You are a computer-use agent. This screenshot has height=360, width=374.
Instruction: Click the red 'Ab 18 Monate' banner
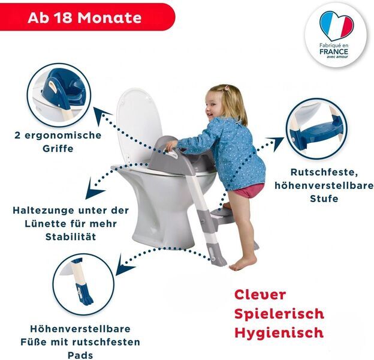click(x=84, y=17)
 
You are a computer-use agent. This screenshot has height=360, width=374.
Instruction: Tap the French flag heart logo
click(x=336, y=25)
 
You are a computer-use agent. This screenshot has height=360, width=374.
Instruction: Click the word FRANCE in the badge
click(x=334, y=52)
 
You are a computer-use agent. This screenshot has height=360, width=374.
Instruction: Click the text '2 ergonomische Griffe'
click(x=58, y=142)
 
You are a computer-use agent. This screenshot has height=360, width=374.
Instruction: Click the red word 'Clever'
click(x=260, y=295)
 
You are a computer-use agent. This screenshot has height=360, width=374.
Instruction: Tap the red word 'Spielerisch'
click(x=279, y=314)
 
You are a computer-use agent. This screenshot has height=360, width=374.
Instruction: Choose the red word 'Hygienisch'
click(x=279, y=332)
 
